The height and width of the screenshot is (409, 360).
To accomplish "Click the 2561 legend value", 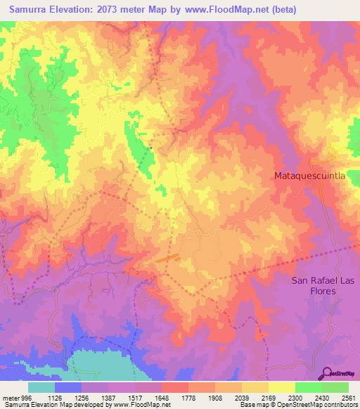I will coord(348,397).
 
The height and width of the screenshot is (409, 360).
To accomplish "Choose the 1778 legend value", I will coord(188,397).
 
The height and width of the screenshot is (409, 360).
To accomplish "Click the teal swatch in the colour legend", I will coord(41,387).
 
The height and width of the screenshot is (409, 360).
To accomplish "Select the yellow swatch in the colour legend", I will coord(282,387).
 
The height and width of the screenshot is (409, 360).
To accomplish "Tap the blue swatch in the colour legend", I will coord(68,387).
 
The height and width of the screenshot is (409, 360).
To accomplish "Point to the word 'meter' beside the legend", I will coord(11,397).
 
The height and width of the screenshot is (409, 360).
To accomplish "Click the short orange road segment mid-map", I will coord(168,259).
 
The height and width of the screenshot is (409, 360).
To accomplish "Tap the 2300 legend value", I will coord(295,397).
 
